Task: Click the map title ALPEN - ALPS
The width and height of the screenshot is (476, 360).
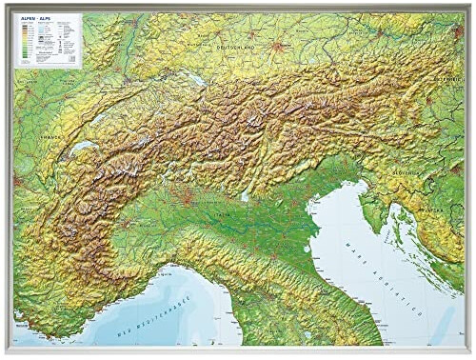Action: click(x=31, y=19)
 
